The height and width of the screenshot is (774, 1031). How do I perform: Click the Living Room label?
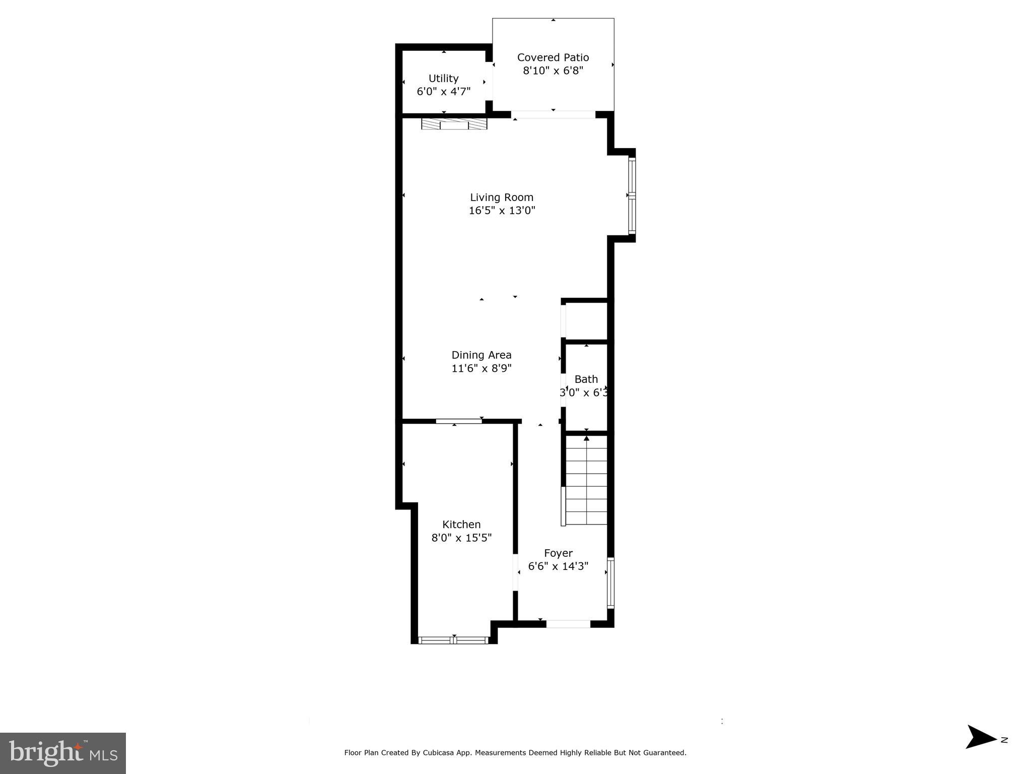[502, 198]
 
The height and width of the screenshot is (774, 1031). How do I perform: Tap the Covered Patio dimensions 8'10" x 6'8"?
[553, 71]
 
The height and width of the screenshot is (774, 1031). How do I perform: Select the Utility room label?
[443, 79]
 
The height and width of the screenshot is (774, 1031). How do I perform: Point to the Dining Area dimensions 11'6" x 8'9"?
[482, 368]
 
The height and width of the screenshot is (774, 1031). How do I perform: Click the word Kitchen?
[461, 525]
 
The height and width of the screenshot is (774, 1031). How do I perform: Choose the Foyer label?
[558, 553]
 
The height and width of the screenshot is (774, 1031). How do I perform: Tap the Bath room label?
[586, 379]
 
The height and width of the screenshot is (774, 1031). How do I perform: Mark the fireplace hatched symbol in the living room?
[454, 124]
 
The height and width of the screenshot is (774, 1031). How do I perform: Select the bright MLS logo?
[63, 753]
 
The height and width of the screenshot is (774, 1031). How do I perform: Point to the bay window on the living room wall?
[632, 196]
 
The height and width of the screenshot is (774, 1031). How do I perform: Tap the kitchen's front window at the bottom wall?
[454, 640]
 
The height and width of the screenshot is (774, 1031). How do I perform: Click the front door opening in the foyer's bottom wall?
[568, 624]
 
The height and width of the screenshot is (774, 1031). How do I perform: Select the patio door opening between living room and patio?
[553, 115]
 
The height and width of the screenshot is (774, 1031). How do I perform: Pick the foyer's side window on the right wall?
[610, 583]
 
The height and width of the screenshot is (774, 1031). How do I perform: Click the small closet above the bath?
[586, 321]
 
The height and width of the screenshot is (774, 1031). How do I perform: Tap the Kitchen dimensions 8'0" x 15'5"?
[461, 538]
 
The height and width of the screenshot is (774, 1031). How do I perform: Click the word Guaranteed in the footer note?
[665, 753]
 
